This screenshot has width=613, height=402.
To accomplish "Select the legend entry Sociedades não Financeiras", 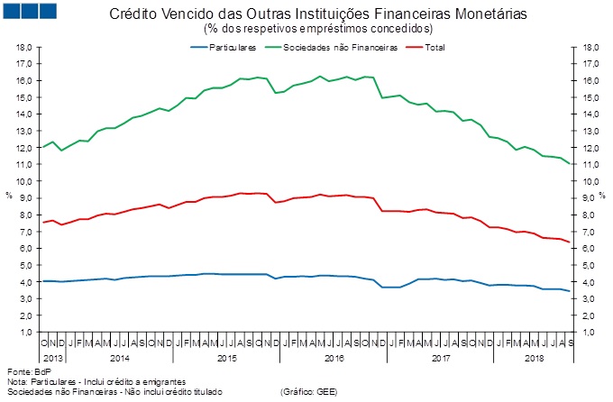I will point(340,47).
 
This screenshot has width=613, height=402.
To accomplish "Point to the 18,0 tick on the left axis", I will point(24,47).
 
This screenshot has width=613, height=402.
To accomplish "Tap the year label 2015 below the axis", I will point(227,358).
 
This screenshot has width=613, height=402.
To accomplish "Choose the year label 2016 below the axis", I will point(334,358).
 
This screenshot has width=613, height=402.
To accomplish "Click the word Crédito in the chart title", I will point(132,15).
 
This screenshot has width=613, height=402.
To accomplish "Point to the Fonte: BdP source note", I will point(26,371).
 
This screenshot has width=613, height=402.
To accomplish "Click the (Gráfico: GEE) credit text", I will point(310,392).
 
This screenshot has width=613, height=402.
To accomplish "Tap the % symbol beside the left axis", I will point(8,194).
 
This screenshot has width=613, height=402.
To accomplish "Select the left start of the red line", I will point(42,222).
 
